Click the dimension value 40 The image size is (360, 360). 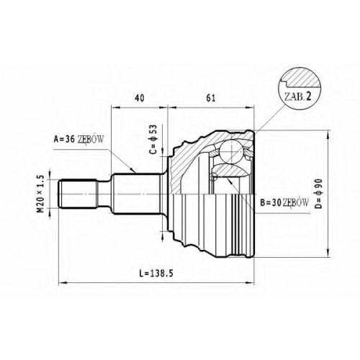[140, 98]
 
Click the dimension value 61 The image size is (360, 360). [211, 98]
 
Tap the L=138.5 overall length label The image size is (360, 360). [156, 274]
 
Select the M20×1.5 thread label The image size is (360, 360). [41, 194]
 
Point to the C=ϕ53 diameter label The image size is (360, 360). [153, 139]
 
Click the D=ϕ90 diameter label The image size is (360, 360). [318, 194]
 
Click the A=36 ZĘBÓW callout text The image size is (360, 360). [79, 139]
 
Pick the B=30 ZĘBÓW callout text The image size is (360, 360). [284, 203]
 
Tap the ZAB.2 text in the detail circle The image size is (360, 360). [297, 96]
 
